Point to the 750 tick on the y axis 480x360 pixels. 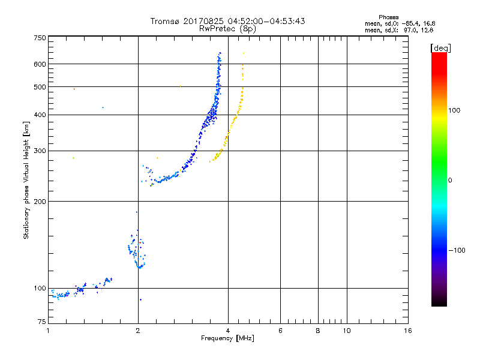point(39,37)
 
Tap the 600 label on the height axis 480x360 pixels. point(39,64)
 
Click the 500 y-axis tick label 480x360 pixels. point(39,87)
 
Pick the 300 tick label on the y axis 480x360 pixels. point(39,151)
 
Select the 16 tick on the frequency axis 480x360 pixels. point(408,331)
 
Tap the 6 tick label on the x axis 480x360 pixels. point(280,331)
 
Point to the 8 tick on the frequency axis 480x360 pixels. point(318,331)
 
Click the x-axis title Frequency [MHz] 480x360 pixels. point(227,339)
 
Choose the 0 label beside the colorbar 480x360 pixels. point(451,180)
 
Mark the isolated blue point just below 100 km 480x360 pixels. point(140,299)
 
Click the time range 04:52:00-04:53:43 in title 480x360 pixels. point(266,21)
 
